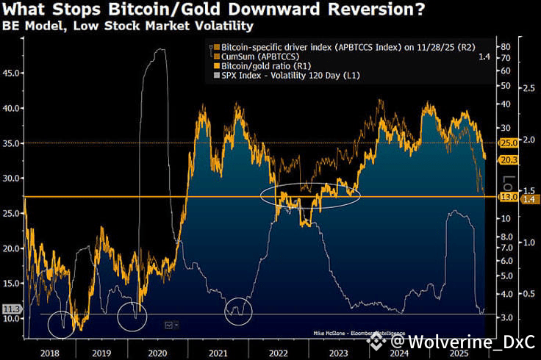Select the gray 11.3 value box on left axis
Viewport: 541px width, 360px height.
click(11, 310)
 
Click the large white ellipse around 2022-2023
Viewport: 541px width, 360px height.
click(310, 195)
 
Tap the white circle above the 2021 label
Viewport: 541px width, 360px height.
click(238, 311)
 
